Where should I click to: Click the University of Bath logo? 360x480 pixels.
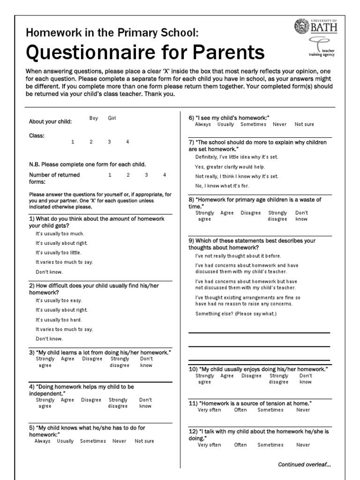point(315,26)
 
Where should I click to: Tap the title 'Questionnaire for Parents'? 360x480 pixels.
point(145,52)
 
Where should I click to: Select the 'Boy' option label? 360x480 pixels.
point(94,119)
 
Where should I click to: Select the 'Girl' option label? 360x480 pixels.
point(112,119)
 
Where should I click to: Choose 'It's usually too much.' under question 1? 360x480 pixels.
point(60,233)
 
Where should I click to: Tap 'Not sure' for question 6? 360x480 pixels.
point(304,125)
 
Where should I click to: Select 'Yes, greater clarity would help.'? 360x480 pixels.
point(230,167)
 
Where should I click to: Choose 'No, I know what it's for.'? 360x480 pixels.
point(222,186)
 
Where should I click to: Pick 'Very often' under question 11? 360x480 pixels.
point(209,410)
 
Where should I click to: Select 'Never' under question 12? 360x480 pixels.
point(303,445)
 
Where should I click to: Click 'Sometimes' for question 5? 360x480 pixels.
point(93,442)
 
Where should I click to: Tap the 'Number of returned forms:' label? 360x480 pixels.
point(54,178)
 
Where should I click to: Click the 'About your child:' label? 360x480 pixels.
point(51,122)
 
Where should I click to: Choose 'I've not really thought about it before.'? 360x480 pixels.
point(238,256)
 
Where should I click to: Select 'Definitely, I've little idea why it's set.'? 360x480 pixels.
point(237,157)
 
